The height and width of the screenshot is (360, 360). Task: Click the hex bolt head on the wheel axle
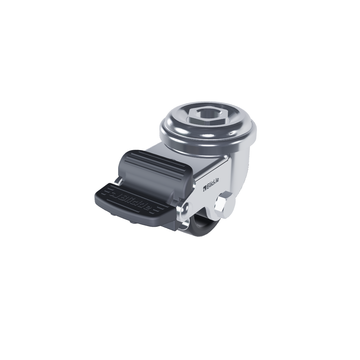pyautogui.click(x=220, y=202)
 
